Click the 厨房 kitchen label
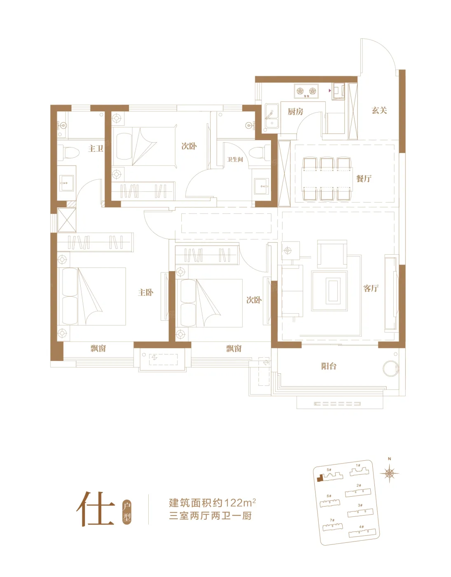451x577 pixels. pyautogui.click(x=295, y=112)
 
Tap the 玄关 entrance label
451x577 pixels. pyautogui.click(x=379, y=110)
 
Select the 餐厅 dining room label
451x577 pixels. pyautogui.click(x=364, y=178)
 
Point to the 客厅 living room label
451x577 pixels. pyautogui.click(x=371, y=288)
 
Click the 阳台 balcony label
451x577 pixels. pyautogui.click(x=329, y=366)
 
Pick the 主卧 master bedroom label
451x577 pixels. pyautogui.click(x=146, y=292)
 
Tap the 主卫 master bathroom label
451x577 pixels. pyautogui.click(x=96, y=148)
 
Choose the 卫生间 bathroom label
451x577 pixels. pyautogui.click(x=235, y=159)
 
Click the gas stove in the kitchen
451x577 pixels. pyautogui.click(x=306, y=91)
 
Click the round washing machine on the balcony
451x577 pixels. pyautogui.click(x=391, y=368)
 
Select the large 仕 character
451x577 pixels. pyautogui.click(x=96, y=509)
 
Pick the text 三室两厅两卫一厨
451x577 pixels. pyautogui.click(x=210, y=516)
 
